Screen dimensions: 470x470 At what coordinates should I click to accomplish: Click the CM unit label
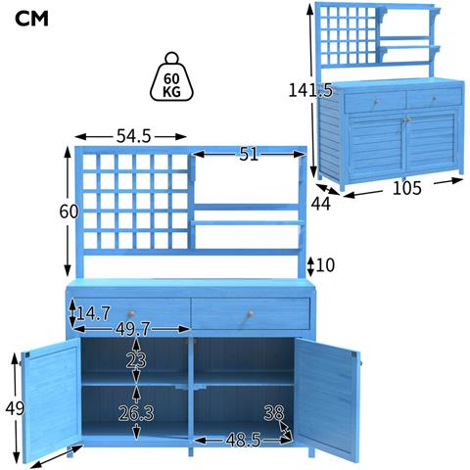pos(31,19)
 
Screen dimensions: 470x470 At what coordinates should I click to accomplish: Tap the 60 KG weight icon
pos(171,77)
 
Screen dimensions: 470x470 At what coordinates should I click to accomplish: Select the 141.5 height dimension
pos(310,90)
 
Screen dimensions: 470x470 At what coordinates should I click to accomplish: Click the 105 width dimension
pos(407,188)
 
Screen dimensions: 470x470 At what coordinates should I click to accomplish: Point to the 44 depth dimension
pos(321,204)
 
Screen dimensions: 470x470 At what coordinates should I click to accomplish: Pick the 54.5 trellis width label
pos(134,136)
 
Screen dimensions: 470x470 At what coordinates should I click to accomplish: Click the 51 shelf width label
pos(249,154)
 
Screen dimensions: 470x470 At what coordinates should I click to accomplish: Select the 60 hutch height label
pos(69,211)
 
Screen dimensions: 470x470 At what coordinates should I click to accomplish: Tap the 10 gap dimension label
pos(325,265)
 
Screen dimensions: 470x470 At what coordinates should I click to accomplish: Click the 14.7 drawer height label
pos(93,313)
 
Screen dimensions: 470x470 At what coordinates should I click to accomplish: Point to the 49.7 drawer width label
pos(132,329)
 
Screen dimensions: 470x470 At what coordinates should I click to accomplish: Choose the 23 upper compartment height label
pos(136,360)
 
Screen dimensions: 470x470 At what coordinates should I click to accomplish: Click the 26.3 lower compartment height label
pos(136,413)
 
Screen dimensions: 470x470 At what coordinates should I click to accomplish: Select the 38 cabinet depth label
pos(274,413)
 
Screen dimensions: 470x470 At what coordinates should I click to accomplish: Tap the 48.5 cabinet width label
pos(243,440)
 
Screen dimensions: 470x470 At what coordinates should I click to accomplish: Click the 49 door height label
pos(15,408)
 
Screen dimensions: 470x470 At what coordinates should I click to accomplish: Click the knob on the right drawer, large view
pos(250,314)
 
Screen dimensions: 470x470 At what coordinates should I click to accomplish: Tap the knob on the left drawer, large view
pos(131,313)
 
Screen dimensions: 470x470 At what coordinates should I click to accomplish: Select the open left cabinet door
pos(51,399)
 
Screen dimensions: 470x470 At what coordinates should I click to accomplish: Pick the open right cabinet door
pos(327,399)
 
